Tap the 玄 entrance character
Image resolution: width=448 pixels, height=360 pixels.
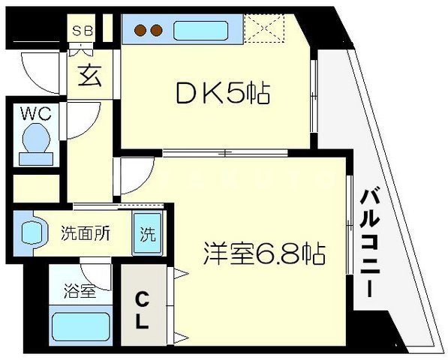[x=90, y=77]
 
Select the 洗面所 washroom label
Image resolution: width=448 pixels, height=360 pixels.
[x=86, y=232]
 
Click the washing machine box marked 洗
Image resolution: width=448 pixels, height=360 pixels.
[x=147, y=232]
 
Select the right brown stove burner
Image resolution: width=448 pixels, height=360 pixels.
[x=157, y=31]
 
